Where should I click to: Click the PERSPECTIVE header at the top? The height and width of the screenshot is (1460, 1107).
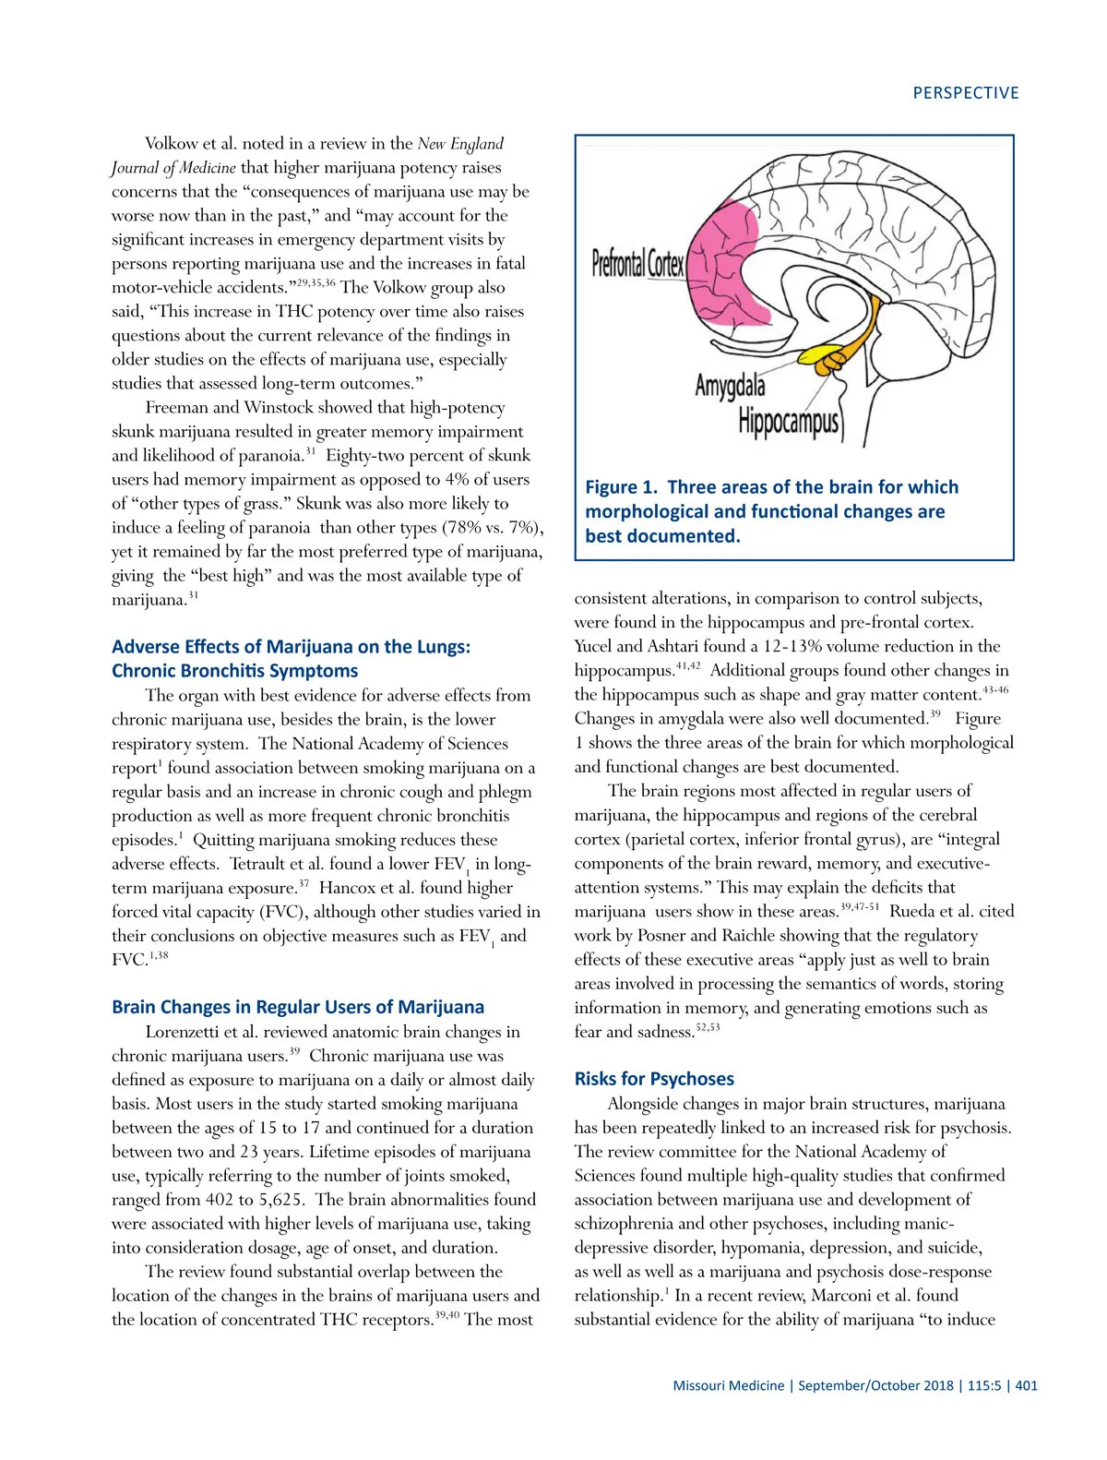pos(965,93)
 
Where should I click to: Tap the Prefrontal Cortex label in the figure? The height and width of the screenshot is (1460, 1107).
pos(637,264)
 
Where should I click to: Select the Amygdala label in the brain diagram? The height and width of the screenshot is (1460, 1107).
pos(730,385)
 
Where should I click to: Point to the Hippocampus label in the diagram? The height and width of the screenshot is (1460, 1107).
pos(789,423)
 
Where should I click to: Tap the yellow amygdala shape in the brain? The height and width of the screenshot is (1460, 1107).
pos(820,355)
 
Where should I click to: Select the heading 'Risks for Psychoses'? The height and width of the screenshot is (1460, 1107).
pos(654,1079)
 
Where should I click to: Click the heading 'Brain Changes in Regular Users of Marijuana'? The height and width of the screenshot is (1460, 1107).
pos(297,1007)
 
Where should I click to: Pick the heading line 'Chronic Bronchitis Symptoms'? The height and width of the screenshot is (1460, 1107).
pos(234,671)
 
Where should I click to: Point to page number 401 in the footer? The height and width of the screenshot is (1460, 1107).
pos(1026,1385)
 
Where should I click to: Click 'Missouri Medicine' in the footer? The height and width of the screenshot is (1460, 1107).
pos(728,1385)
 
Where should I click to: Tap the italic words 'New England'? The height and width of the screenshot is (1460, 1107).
pos(460,144)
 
